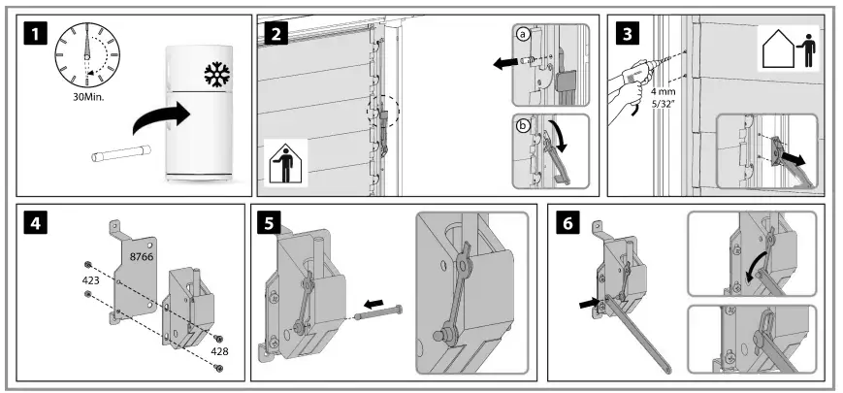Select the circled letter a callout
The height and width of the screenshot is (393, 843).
coord(524,35)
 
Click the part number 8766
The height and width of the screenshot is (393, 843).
coord(145,256)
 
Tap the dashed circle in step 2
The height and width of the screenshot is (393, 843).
coord(382,117)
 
